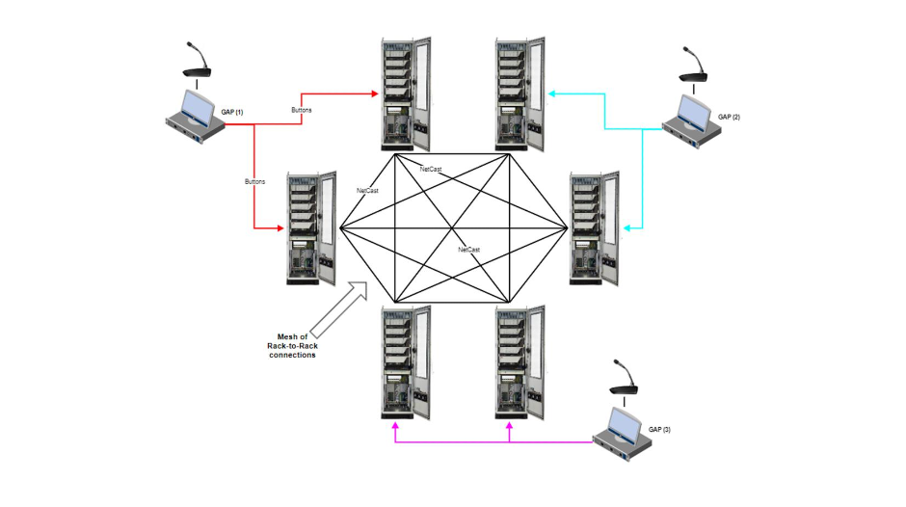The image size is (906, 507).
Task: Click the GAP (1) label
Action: click(x=232, y=113)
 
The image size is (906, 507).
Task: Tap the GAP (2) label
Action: click(x=730, y=117)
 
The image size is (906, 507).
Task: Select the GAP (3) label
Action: click(x=659, y=429)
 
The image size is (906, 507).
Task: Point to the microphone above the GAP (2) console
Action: click(x=696, y=67)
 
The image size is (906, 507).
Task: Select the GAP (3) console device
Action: click(x=624, y=431)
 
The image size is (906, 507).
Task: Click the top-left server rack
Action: click(x=405, y=94)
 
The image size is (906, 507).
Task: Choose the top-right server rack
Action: click(x=520, y=94)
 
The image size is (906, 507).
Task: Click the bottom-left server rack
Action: click(x=405, y=361)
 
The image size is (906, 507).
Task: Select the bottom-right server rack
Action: click(x=520, y=361)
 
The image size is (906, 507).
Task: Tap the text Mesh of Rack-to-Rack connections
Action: click(x=292, y=346)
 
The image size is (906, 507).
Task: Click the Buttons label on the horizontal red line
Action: click(x=301, y=111)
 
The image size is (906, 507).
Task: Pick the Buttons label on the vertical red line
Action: click(x=254, y=180)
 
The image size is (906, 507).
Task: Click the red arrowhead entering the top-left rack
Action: click(x=376, y=93)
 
